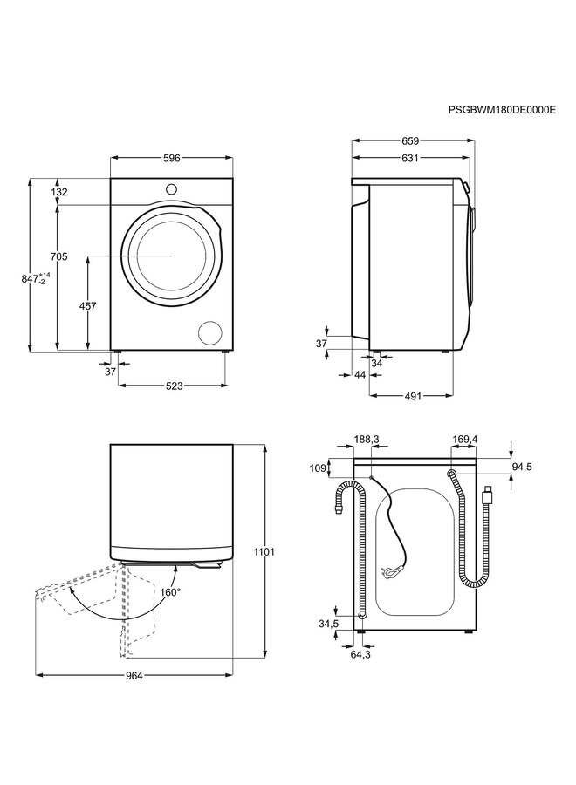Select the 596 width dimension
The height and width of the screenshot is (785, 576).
(171, 158)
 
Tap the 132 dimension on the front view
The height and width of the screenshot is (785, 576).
(84, 192)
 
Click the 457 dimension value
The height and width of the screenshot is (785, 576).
(87, 305)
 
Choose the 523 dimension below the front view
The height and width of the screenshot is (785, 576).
(171, 386)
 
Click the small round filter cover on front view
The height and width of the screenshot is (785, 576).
(210, 331)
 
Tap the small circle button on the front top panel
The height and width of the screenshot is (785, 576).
(172, 188)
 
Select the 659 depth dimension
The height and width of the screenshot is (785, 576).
(411, 140)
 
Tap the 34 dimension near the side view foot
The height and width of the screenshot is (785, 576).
(376, 363)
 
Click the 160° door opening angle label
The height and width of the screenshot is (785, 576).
(170, 592)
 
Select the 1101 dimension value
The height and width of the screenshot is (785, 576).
(265, 551)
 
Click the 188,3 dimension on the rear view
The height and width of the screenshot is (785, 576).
(367, 440)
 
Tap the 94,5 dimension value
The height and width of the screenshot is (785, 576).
(522, 468)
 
